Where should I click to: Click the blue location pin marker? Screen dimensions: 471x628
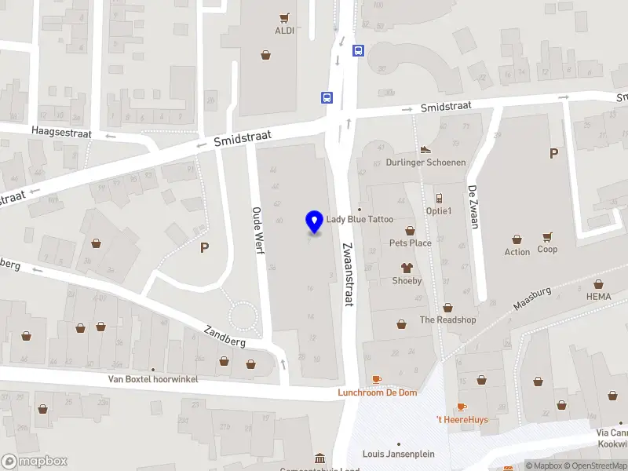[x=314, y=222]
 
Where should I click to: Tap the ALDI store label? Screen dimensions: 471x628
[x=284, y=31]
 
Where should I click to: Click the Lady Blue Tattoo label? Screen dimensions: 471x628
[x=360, y=220]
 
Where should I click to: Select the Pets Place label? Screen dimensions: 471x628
[x=410, y=243]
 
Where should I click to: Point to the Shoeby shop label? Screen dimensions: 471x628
[x=407, y=280]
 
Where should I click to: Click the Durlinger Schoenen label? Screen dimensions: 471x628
[x=425, y=162]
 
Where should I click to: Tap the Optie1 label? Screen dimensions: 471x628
[x=439, y=210]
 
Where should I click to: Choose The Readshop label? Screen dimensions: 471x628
[x=447, y=319]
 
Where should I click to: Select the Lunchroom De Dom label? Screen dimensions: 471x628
[x=378, y=392]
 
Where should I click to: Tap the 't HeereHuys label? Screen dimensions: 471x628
[x=462, y=419]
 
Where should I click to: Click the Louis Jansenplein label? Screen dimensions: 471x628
[x=398, y=454]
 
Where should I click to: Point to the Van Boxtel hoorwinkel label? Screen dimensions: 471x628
[x=153, y=379]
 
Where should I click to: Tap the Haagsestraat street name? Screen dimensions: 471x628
[x=61, y=133]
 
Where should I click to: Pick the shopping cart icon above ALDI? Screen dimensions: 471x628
[x=284, y=17]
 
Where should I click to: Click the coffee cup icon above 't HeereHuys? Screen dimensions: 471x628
[x=462, y=407]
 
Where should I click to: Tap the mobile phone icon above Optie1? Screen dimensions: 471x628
[x=439, y=198]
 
